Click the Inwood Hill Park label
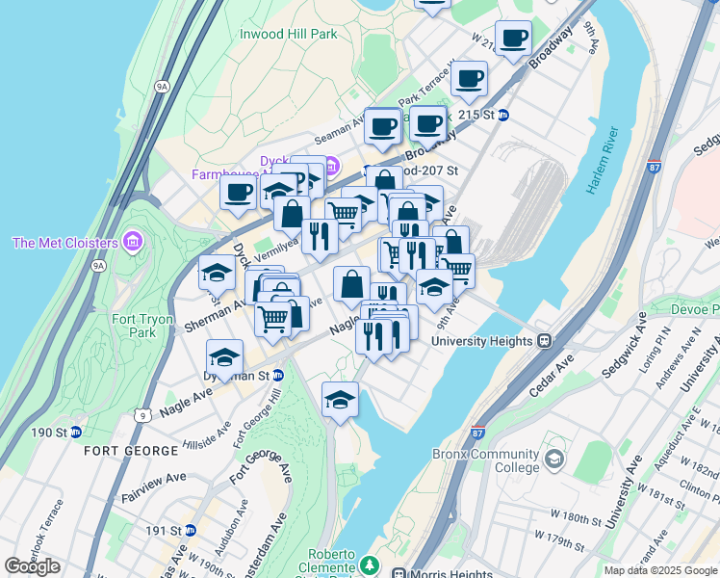[289, 34]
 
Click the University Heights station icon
[544, 340]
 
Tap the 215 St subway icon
[502, 115]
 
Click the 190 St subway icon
[74, 432]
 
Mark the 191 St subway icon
[191, 530]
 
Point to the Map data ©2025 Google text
[661, 570]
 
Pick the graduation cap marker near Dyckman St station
[224, 356]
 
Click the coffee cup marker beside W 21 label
[514, 39]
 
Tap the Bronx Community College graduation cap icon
[554, 460]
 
